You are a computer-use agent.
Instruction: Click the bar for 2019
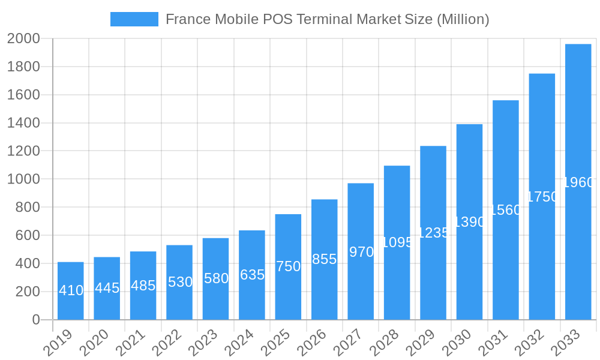tap(71, 291)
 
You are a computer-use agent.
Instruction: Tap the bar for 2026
tap(324, 259)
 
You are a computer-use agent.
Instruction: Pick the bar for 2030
tap(469, 222)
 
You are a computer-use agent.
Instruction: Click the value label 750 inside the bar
tap(288, 266)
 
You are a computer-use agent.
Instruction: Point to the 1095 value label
tap(397, 242)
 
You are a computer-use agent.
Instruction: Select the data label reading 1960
tap(578, 182)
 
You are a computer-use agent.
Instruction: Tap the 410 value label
tap(71, 290)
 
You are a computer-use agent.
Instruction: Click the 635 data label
tap(252, 275)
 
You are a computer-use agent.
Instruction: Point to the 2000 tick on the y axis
tap(23, 39)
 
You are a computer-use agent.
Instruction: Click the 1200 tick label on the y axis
tap(23, 151)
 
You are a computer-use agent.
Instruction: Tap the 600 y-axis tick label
tap(27, 235)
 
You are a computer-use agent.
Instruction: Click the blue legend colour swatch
tap(134, 19)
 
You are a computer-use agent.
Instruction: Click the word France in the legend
tap(185, 19)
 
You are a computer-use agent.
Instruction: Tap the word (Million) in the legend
tap(463, 19)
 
